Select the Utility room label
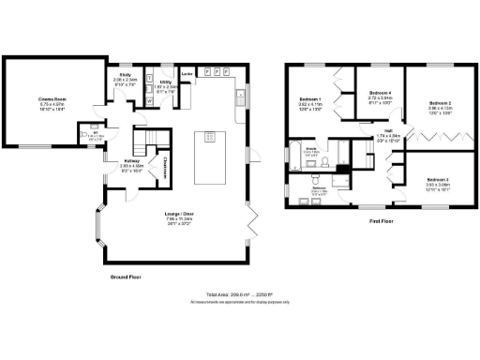[x=166, y=83]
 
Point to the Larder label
[x=187, y=72]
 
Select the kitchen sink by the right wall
[x=240, y=94]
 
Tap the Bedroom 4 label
[x=380, y=93]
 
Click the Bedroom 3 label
[x=438, y=179]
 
